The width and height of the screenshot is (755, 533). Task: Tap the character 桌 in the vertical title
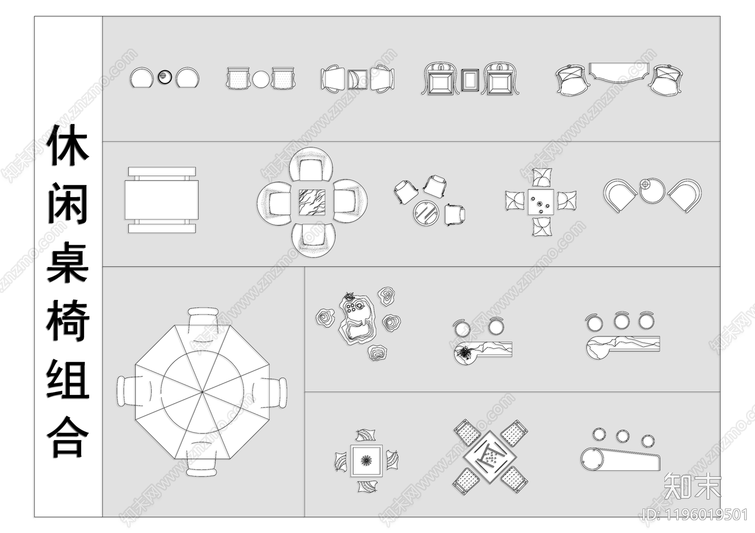point(68,262)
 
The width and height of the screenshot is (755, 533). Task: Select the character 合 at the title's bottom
point(68,437)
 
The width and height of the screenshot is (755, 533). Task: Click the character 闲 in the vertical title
point(68,203)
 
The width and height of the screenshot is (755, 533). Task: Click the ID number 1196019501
point(707,515)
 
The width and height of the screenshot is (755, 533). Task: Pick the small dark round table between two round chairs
point(165,77)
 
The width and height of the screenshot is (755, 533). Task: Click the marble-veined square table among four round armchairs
point(312,202)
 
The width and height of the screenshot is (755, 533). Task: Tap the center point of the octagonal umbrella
point(202,392)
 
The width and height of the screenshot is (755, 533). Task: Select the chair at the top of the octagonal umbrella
point(202,324)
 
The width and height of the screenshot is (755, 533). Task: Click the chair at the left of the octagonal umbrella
point(134,391)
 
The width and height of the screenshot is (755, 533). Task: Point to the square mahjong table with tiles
point(490,457)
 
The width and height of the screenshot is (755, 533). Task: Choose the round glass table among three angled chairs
point(426,213)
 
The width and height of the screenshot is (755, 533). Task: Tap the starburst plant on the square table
point(366,461)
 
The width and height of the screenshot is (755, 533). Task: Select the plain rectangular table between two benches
point(162,200)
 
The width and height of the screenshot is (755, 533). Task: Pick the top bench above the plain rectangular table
point(162,171)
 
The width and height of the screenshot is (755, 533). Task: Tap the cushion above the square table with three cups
point(542,177)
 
